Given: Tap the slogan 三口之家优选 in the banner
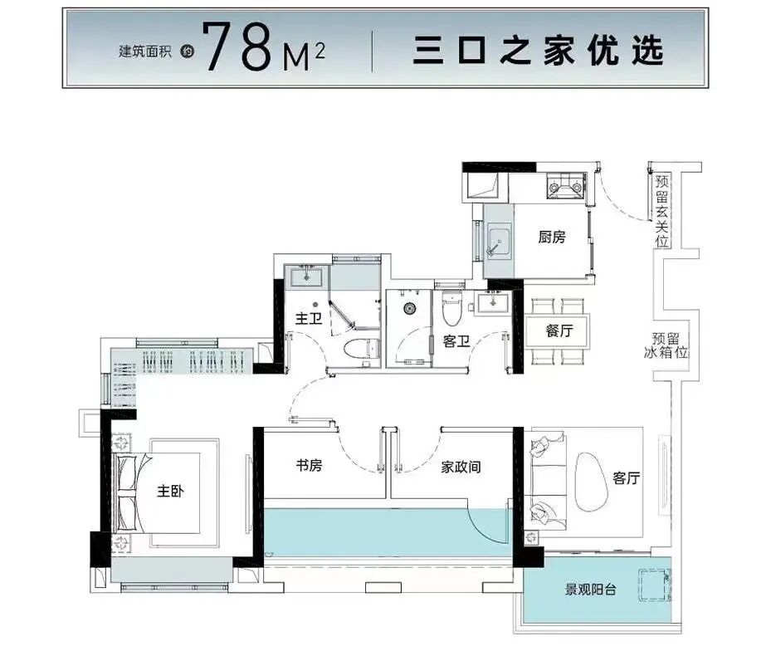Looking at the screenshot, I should coord(539,51).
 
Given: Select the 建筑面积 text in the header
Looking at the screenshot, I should coord(145,51).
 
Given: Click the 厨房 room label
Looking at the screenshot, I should coord(552,237).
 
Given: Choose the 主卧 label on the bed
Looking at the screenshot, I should coord(170,491).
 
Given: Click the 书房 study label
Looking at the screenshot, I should coord(309,466).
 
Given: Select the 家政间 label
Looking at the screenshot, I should coord(461,467).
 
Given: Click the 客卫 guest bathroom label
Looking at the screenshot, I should coord(456,340).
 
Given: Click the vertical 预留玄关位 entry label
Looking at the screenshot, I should coord(661,211).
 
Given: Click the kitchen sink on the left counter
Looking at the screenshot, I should coord(499,240).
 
